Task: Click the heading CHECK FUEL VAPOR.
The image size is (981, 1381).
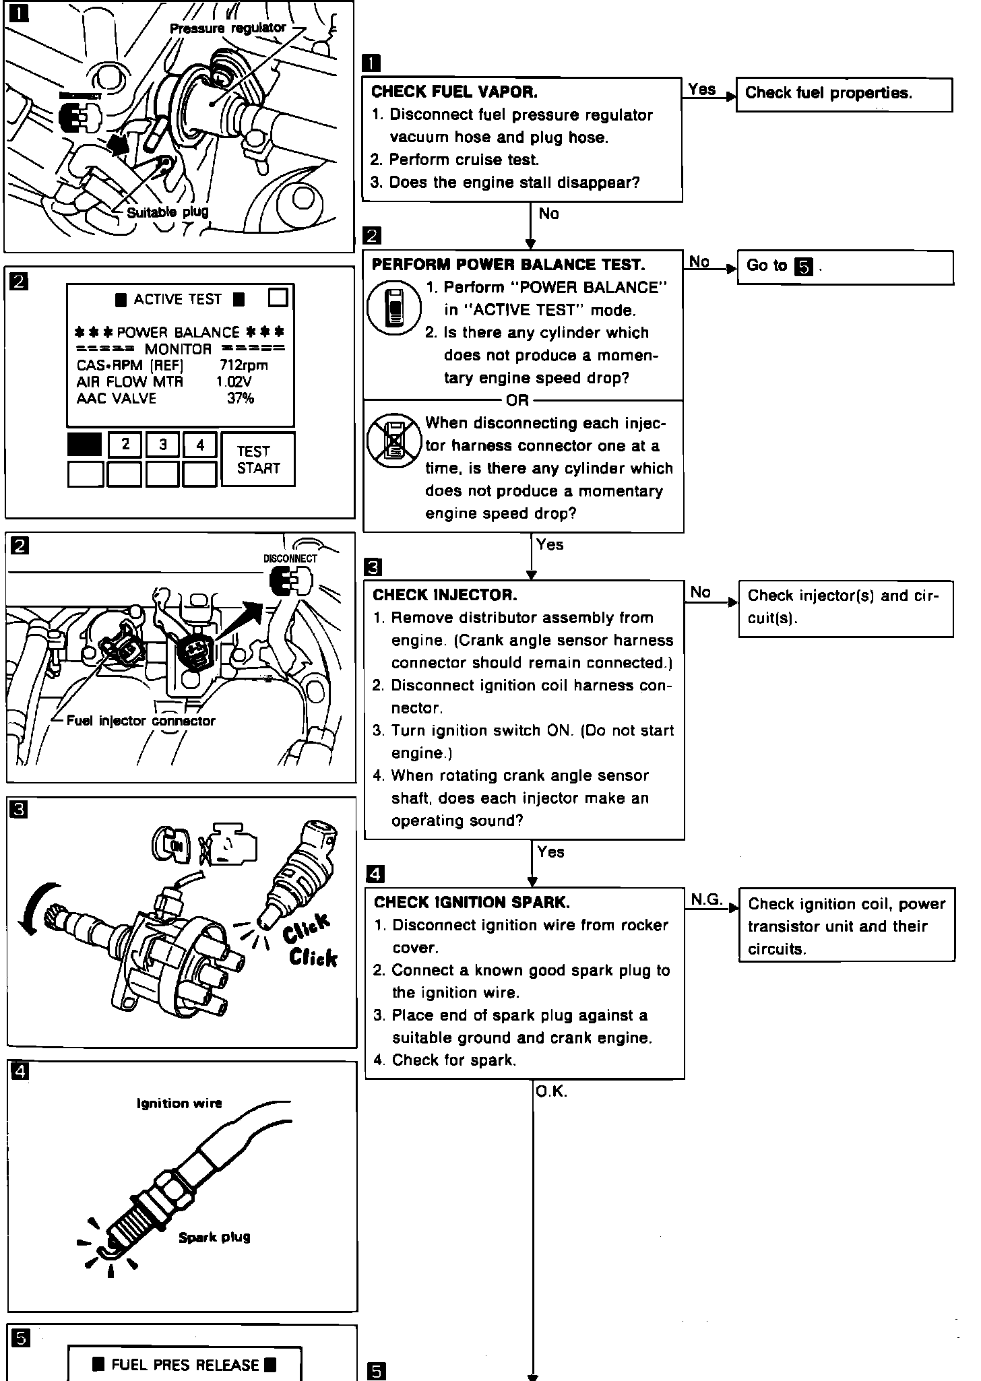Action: (x=454, y=92)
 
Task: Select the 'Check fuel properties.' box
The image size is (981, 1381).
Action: (x=844, y=94)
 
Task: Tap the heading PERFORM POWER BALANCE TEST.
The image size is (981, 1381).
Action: (x=508, y=265)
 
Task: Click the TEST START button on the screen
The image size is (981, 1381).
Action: (x=257, y=459)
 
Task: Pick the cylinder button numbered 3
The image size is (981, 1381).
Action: (x=163, y=445)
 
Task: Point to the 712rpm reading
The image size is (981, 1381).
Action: (x=243, y=365)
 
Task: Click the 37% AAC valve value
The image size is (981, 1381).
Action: (x=241, y=398)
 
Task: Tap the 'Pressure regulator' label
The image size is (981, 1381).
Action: (x=228, y=28)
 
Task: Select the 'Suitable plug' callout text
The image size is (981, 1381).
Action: (x=168, y=212)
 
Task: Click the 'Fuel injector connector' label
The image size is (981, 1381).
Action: (x=141, y=721)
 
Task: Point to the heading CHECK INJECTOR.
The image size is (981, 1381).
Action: (x=445, y=595)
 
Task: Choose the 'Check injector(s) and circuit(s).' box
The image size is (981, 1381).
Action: (x=846, y=608)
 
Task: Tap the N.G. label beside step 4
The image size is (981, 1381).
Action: (x=706, y=899)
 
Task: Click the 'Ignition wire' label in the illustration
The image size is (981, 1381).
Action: (x=179, y=1103)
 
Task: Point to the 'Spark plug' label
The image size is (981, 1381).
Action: (x=214, y=1237)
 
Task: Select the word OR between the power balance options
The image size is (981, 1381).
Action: (x=517, y=401)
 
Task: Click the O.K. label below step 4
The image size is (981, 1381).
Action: (x=551, y=1092)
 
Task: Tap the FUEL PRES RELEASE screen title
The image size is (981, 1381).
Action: (x=185, y=1365)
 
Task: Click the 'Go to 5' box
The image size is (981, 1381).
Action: (x=845, y=267)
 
